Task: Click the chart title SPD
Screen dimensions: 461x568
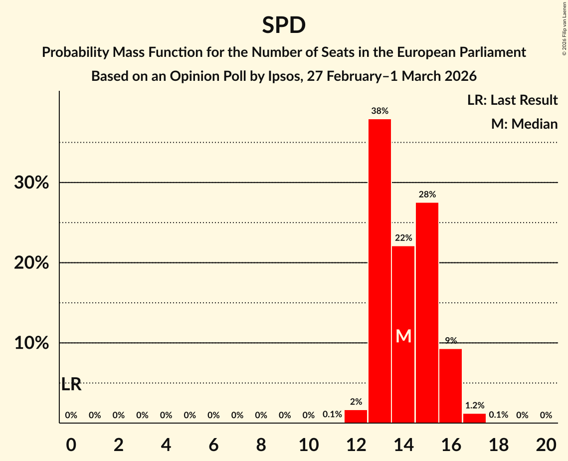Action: (x=284, y=25)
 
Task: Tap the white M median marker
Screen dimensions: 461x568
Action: (x=403, y=336)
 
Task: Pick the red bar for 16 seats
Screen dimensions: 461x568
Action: (x=451, y=386)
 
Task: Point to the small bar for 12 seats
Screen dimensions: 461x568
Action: (x=356, y=417)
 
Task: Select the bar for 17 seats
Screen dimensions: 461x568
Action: (x=474, y=418)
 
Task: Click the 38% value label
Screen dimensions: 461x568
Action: (x=379, y=111)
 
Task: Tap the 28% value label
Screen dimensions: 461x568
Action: (x=427, y=195)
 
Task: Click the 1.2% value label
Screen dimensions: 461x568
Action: (x=474, y=406)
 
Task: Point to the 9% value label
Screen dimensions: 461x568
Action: (x=451, y=341)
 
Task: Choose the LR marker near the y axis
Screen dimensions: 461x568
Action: (x=71, y=385)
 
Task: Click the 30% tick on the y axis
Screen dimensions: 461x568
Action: (x=31, y=183)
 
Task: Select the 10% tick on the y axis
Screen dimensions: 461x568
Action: (x=31, y=344)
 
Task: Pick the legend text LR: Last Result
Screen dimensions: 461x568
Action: (x=512, y=100)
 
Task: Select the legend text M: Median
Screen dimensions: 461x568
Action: (x=524, y=124)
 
